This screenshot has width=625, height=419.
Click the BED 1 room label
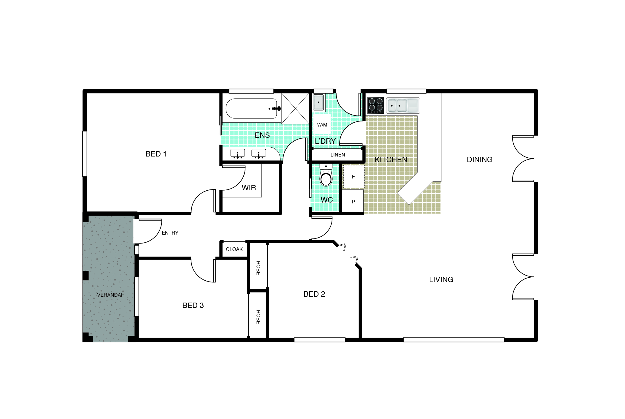coord(156,154)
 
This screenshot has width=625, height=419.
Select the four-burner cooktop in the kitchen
coord(376,105)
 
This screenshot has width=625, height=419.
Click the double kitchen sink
coord(403,105)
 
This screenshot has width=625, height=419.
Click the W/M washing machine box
coord(322,124)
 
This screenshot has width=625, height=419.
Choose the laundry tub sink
coord(318,102)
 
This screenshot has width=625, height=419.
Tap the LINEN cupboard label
coord(338,155)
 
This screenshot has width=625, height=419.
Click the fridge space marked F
coord(353,177)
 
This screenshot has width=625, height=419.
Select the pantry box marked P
coord(353,201)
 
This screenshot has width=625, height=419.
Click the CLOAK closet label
coord(234,249)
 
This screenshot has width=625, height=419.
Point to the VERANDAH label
coord(111,295)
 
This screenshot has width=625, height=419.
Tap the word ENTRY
coord(170,233)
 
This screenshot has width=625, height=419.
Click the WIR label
coord(249,188)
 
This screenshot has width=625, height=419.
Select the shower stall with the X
coord(295,108)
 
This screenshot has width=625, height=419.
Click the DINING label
coord(480,159)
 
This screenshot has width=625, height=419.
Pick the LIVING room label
coord(441,279)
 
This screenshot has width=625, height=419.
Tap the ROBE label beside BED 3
coord(258,317)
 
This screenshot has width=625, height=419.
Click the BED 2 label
coord(314,294)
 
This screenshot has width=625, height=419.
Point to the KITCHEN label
coord(391,159)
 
